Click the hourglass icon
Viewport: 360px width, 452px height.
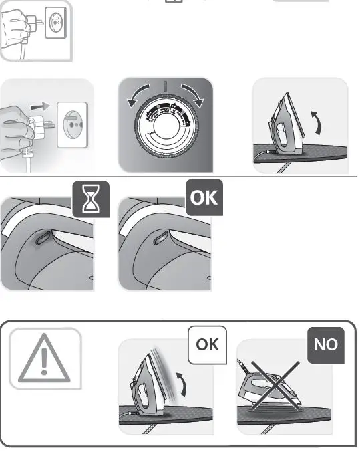click(x=90, y=199)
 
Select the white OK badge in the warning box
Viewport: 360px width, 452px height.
click(x=207, y=345)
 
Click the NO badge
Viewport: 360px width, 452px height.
click(x=325, y=345)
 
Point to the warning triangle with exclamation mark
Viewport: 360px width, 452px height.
click(x=45, y=359)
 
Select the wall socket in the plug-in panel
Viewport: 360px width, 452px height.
click(x=74, y=124)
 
